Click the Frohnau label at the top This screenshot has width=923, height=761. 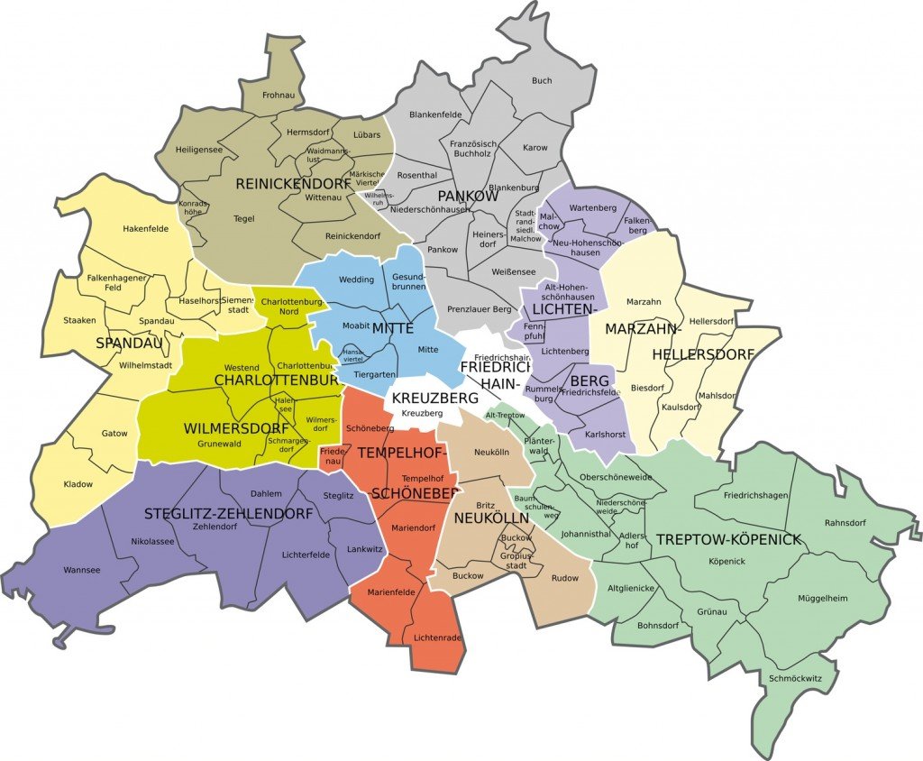pos(278,95)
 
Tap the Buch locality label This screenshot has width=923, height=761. pos(542,81)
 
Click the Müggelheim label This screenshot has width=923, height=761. pos(823,598)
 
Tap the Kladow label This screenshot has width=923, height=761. pos(78,484)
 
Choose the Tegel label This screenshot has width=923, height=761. pos(243,218)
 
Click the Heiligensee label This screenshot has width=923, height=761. pos(199,150)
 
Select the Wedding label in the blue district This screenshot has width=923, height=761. pos(356,280)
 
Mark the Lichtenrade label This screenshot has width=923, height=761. pos(437,638)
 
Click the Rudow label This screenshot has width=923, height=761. pos(564,578)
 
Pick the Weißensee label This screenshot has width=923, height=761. pos(514,271)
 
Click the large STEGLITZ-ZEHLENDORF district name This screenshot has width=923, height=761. pos(229,514)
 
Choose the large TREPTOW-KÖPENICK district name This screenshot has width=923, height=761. pos(728,539)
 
